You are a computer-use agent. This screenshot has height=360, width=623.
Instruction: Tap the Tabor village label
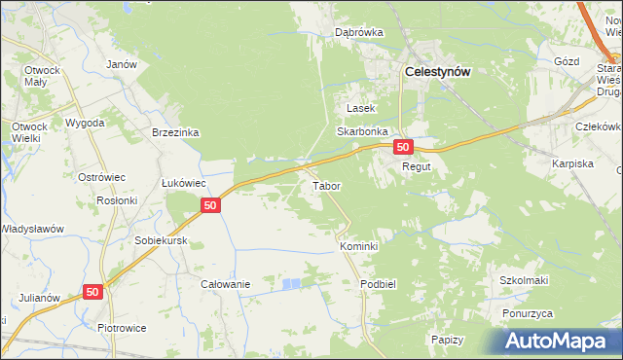325,185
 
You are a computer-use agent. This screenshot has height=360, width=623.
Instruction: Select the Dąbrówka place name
359,32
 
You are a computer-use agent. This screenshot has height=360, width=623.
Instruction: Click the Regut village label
417,167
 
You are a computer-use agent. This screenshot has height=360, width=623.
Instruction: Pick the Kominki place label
358,247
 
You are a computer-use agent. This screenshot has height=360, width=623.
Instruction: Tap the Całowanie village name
226,284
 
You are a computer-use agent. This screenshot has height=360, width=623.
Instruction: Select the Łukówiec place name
182,182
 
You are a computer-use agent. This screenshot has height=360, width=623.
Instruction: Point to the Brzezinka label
175,132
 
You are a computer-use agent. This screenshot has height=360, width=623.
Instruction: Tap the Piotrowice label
123,328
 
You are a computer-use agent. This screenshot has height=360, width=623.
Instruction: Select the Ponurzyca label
528,313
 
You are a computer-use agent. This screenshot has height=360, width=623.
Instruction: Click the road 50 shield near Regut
404,147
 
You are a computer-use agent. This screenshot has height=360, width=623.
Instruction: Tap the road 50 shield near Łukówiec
210,204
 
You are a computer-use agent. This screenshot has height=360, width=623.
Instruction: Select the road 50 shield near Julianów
92,291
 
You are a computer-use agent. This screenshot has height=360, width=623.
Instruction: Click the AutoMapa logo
562,341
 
